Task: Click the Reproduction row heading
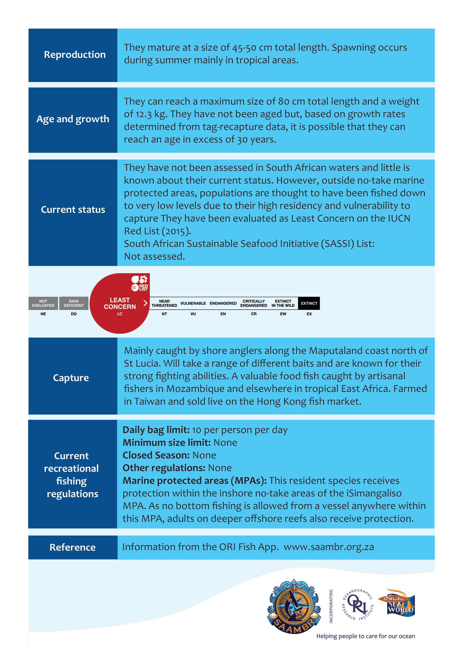tap(74, 55)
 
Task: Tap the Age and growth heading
tap(73, 119)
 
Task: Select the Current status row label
tap(73, 210)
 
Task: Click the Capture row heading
tap(71, 378)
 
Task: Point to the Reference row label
tap(73, 547)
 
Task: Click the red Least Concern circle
tap(120, 304)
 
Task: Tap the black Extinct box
tap(309, 303)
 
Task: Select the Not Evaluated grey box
tap(43, 303)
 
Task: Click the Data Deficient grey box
tap(74, 303)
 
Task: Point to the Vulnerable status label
tap(193, 303)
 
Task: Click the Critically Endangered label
tap(253, 303)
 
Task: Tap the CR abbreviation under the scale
tap(253, 314)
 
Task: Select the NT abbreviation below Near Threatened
tap(164, 314)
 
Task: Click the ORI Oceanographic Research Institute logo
tap(358, 605)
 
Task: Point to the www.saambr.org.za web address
tap(329, 547)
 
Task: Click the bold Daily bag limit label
tap(156, 430)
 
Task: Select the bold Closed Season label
tap(156, 455)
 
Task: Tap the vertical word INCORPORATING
tap(331, 606)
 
